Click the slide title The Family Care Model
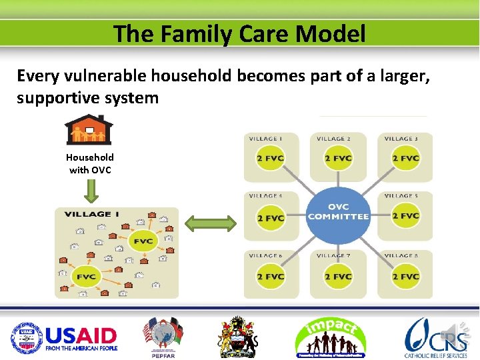(x=239, y=33)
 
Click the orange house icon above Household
(x=89, y=131)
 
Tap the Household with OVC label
(x=89, y=163)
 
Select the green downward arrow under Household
(x=92, y=191)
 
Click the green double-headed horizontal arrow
(x=210, y=223)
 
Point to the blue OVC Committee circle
(x=338, y=212)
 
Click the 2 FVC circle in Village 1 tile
(x=271, y=159)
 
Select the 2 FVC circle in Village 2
(x=338, y=159)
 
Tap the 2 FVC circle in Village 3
(x=405, y=159)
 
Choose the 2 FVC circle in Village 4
(x=271, y=218)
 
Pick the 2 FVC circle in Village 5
(x=405, y=216)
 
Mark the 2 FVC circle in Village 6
(x=271, y=277)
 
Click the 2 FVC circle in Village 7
(x=338, y=277)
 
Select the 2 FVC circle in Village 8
(x=405, y=277)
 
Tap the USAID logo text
(x=80, y=335)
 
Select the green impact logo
(x=330, y=337)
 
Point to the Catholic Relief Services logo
(x=437, y=337)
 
